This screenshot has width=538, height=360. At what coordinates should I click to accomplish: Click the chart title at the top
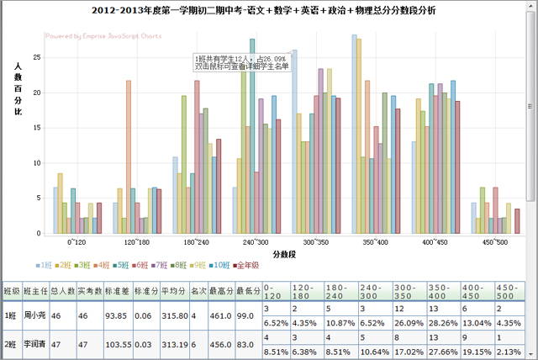click(x=269, y=11)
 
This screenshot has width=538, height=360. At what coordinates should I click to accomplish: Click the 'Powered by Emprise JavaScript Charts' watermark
click(x=103, y=37)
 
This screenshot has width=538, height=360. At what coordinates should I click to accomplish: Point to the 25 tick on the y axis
click(x=36, y=57)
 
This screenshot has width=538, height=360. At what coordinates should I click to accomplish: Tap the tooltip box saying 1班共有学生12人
click(x=241, y=61)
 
